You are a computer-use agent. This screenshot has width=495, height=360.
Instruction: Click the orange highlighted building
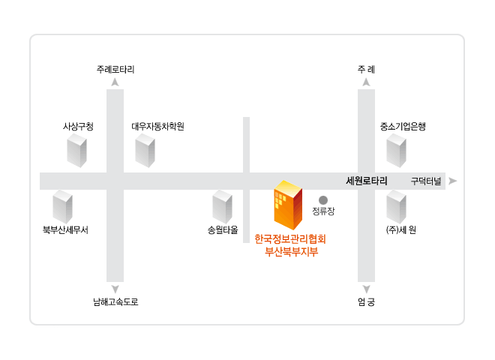288,205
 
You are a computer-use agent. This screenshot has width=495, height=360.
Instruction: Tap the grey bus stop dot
323,200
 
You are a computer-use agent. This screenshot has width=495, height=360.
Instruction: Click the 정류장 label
323,211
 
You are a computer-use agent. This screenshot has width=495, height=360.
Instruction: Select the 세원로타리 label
367,181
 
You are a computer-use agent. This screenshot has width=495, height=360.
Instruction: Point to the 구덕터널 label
426,181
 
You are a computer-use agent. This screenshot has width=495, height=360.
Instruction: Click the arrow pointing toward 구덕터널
453,181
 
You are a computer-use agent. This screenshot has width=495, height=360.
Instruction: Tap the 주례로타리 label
115,70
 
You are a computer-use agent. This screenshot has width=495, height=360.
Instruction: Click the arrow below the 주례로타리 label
115,82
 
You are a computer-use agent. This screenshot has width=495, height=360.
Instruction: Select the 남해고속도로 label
115,302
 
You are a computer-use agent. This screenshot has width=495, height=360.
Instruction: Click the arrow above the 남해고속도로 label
115,289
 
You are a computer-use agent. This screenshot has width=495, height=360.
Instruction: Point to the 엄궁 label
366,302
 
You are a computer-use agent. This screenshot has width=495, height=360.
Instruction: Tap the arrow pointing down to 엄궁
366,289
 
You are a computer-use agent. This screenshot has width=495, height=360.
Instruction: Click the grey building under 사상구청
76,150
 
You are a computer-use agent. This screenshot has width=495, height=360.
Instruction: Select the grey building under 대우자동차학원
145,150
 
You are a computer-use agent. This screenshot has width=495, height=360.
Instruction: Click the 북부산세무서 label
65,230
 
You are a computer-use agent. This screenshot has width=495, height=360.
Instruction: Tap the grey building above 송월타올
222,207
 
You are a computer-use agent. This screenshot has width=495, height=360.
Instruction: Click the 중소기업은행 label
403,127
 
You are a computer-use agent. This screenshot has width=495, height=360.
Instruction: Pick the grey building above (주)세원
396,207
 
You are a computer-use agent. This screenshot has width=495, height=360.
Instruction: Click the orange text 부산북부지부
291,252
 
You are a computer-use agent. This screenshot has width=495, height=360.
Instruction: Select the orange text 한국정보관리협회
290,239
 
